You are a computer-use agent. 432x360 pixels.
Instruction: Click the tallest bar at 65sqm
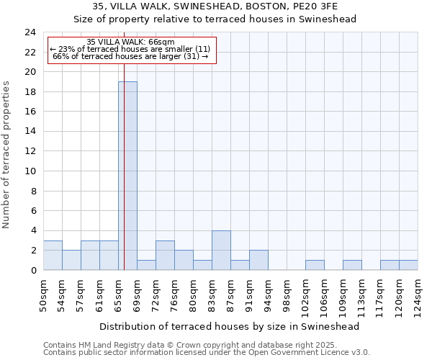click(127, 176)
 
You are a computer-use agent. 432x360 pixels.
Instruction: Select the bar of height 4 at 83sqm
click(221, 251)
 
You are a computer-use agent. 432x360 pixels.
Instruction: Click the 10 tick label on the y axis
click(30, 171)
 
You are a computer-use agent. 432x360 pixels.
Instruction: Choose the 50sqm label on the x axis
click(43, 292)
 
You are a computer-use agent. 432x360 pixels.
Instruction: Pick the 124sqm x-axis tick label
click(418, 294)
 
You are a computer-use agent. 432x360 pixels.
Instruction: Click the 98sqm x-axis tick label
click(287, 292)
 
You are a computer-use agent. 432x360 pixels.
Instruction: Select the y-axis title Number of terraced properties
click(6, 155)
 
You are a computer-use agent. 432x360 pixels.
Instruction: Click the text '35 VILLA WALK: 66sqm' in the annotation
click(130, 42)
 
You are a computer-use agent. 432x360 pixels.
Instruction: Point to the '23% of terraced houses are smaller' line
click(130, 49)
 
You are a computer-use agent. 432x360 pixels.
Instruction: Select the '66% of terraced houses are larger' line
click(130, 56)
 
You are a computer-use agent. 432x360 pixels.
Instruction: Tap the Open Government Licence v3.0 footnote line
click(207, 352)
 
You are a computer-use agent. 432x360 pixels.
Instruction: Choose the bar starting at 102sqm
click(315, 265)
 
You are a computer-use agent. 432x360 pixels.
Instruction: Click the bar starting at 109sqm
click(352, 265)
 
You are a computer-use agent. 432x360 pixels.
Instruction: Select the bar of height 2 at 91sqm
click(258, 260)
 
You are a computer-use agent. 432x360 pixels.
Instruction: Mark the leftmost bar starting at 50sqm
click(53, 256)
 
